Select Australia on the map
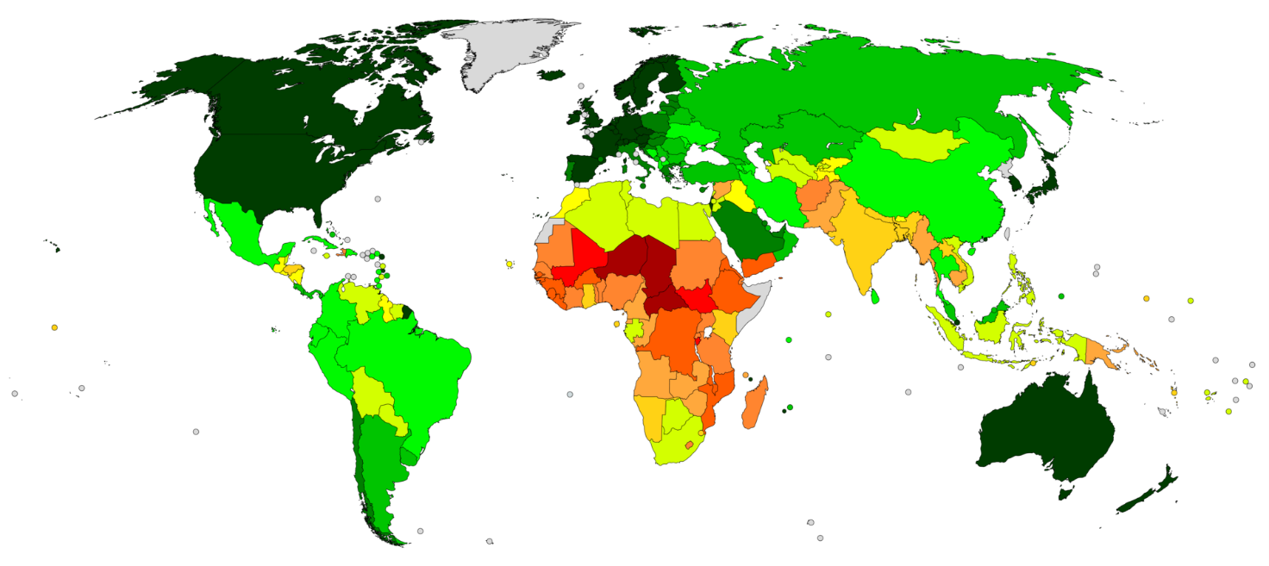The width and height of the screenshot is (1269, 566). pyautogui.click(x=1047, y=431)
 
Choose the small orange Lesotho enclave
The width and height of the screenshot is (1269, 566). pyautogui.click(x=688, y=445)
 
